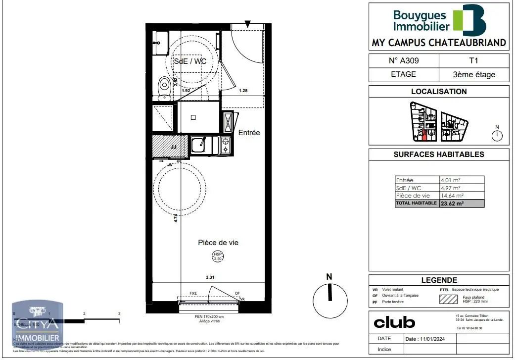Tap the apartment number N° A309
click(404, 61)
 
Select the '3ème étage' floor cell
click(474, 75)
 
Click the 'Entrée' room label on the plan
click(249, 133)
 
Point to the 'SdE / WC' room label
click(190, 61)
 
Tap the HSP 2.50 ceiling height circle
click(218, 256)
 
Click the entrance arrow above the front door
click(248, 24)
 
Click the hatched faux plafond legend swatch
click(448, 299)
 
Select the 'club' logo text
click(394, 323)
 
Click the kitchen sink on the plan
click(200, 145)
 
